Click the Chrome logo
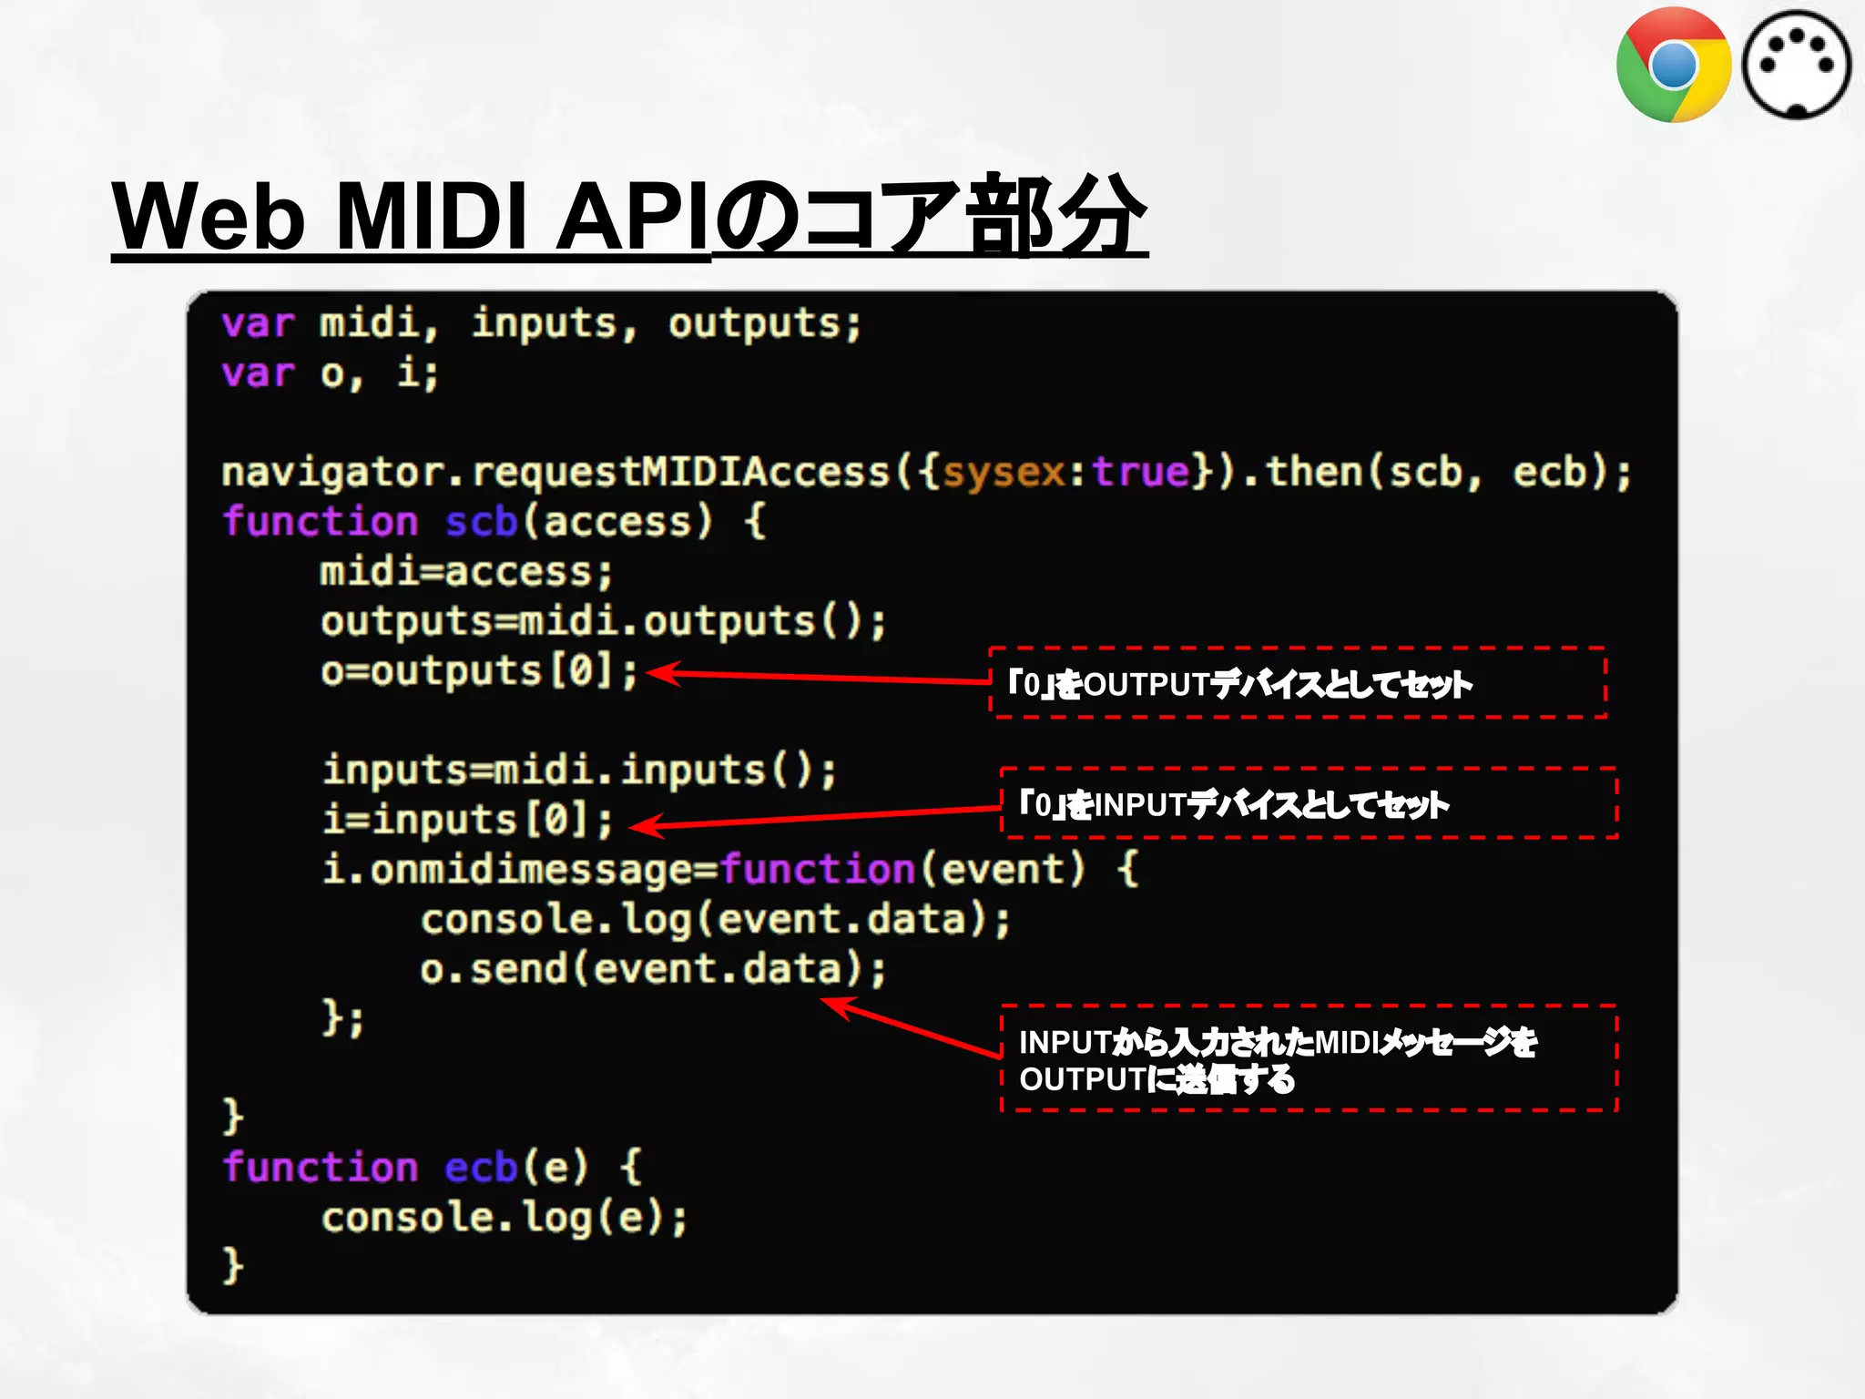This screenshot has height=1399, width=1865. click(1673, 66)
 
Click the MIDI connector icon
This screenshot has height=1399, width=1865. click(1796, 66)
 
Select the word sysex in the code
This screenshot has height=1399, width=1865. click(1003, 472)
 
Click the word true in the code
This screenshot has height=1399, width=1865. click(1141, 472)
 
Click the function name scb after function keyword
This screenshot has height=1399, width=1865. click(481, 522)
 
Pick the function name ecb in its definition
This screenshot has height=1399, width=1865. click(481, 1168)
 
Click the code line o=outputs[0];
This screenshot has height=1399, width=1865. click(479, 672)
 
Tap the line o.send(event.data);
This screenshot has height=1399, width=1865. click(652, 968)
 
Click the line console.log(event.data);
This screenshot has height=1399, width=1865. click(715, 919)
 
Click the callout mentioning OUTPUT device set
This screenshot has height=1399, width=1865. click(1297, 683)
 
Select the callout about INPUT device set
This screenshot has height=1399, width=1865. click(1308, 803)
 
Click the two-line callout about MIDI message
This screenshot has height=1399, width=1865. click(1308, 1059)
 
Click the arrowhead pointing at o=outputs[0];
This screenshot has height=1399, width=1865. click(659, 673)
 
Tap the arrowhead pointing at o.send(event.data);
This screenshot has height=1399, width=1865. click(834, 1005)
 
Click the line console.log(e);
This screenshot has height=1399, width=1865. click(504, 1218)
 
